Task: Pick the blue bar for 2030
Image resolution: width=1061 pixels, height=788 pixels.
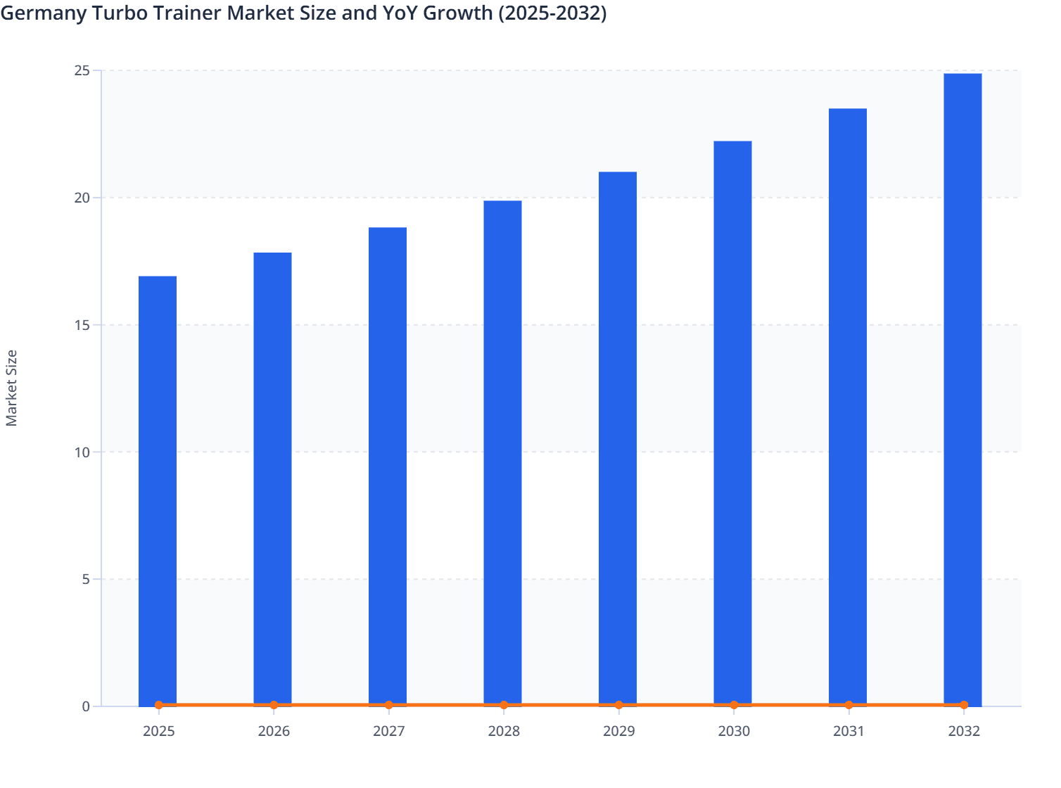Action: click(x=732, y=422)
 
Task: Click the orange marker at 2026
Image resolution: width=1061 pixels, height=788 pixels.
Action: click(x=274, y=705)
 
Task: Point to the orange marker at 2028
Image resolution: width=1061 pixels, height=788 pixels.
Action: click(x=504, y=705)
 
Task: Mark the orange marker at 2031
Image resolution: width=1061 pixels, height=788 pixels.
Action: click(x=849, y=705)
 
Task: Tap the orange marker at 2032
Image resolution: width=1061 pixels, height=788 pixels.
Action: click(x=964, y=705)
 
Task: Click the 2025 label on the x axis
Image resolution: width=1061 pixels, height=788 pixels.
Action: click(x=158, y=732)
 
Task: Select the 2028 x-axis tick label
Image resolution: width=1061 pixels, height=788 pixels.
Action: click(x=504, y=732)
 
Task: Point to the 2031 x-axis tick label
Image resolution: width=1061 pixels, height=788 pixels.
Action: click(x=849, y=732)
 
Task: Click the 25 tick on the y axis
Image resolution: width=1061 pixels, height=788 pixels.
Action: click(x=82, y=70)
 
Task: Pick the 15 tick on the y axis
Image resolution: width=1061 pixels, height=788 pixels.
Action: click(x=82, y=325)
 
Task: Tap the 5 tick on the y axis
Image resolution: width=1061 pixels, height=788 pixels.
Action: click(x=86, y=580)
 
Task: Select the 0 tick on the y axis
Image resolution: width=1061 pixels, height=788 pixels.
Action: click(x=86, y=706)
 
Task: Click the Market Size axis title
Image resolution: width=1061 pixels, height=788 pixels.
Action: click(x=12, y=388)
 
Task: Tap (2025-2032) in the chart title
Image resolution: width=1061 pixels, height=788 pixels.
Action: click(x=552, y=13)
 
